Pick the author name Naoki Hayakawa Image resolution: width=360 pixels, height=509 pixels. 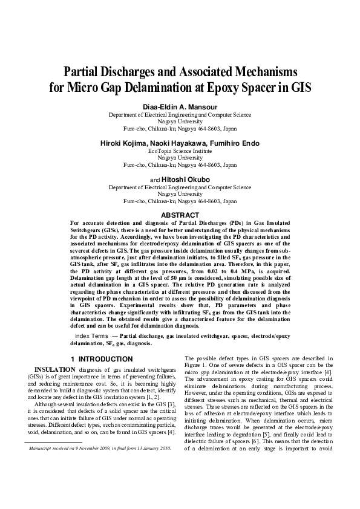pyautogui.click(x=180, y=143)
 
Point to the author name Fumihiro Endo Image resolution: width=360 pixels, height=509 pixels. pyautogui.click(x=234, y=143)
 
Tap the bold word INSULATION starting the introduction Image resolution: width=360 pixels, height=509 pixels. pyautogui.click(x=54, y=369)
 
